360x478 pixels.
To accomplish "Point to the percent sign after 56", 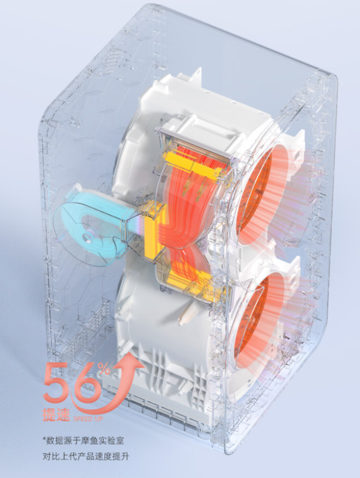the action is (106, 370).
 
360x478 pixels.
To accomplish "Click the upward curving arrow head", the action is (131, 361).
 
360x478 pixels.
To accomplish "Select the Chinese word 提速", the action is (56, 414).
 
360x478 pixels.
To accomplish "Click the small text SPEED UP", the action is (88, 419).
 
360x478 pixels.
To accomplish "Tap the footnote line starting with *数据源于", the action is (83, 441).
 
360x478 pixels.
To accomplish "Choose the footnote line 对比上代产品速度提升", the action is (86, 456).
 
